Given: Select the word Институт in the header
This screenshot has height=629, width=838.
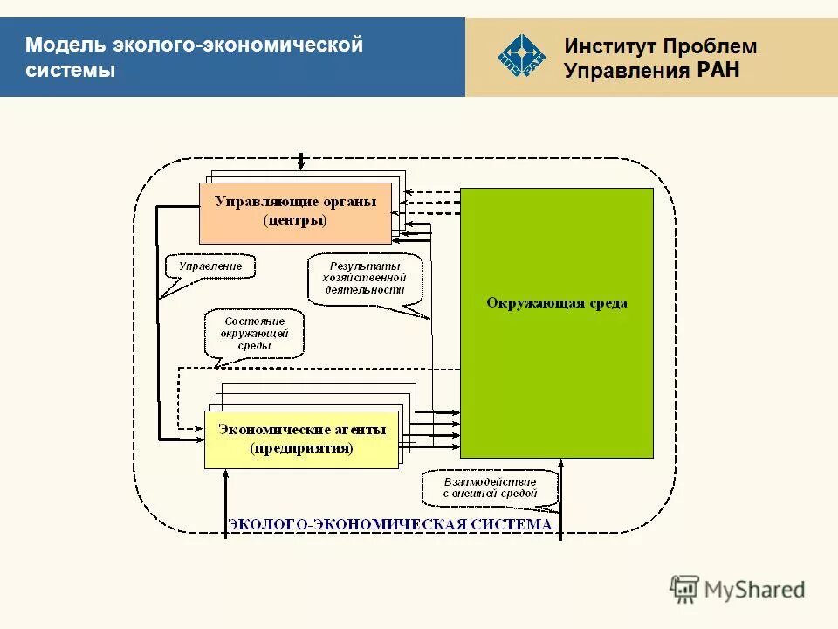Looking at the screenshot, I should click(609, 46).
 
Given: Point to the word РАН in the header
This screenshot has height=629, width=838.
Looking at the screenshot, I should click(718, 70).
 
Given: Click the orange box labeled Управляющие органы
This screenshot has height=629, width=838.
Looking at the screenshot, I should click(295, 212).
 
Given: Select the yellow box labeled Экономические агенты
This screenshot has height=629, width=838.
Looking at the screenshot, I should click(301, 439).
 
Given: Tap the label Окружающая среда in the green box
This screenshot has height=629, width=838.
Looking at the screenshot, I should click(556, 303).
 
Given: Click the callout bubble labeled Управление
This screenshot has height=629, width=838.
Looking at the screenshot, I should click(210, 266).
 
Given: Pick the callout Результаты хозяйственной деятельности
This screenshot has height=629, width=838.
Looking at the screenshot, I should click(365, 279).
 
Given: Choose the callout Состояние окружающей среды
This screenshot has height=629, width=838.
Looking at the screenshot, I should click(254, 333).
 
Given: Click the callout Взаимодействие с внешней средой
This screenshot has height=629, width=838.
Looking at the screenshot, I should click(490, 487).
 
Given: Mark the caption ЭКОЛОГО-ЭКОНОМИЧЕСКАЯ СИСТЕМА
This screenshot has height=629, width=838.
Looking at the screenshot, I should click(389, 524).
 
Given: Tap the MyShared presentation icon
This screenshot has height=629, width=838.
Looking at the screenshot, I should click(685, 589).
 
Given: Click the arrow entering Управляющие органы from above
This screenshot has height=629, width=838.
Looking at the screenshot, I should click(302, 162).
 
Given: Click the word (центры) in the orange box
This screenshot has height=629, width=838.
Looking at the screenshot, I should click(295, 221).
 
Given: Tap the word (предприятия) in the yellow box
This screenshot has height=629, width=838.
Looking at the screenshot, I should click(301, 449).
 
